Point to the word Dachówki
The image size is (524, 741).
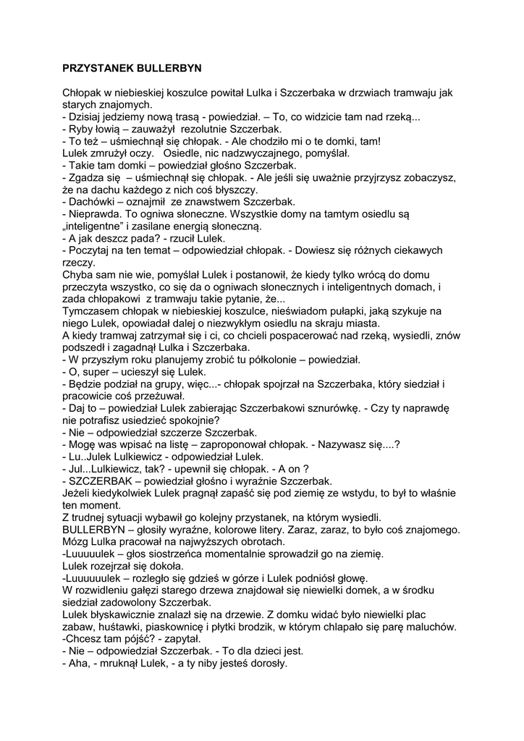(93, 202)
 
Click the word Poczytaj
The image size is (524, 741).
(90, 250)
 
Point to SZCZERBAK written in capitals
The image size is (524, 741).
(102, 481)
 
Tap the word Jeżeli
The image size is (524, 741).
(78, 494)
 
